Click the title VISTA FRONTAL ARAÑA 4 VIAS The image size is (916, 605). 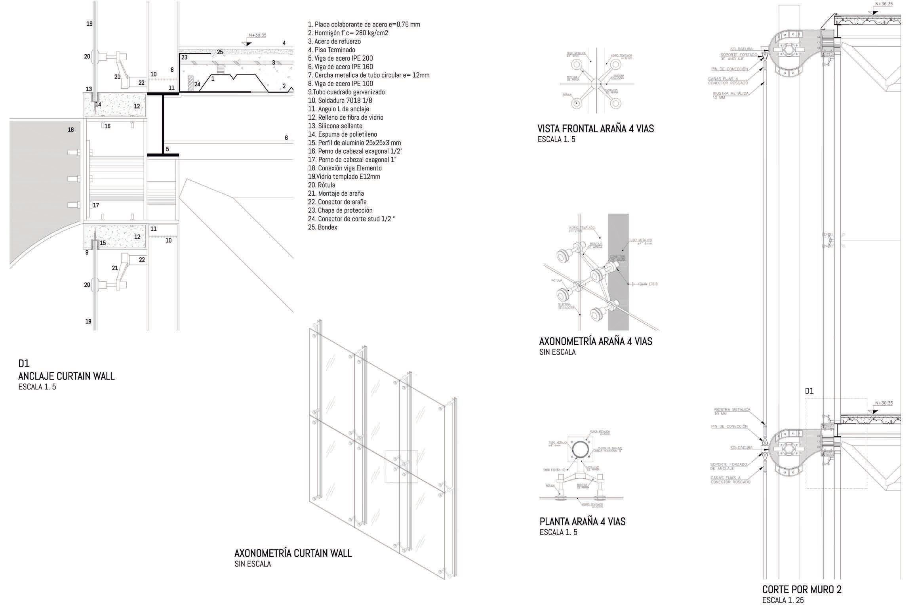pyautogui.click(x=595, y=128)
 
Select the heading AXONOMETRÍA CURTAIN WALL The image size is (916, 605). pyautogui.click(x=293, y=553)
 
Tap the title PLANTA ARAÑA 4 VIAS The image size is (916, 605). pyautogui.click(x=582, y=521)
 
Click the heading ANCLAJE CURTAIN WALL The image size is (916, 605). pyautogui.click(x=66, y=376)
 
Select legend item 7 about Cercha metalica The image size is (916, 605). pyautogui.click(x=368, y=75)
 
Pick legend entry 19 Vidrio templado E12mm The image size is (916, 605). pyautogui.click(x=344, y=176)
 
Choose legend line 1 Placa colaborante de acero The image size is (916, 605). pyautogui.click(x=364, y=24)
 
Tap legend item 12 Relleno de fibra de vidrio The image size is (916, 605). pyautogui.click(x=345, y=117)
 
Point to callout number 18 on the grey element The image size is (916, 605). pyautogui.click(x=70, y=130)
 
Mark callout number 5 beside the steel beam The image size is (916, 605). pyautogui.click(x=167, y=149)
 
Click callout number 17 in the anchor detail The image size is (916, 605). pyautogui.click(x=96, y=205)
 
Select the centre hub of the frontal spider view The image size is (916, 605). pyautogui.click(x=596, y=84)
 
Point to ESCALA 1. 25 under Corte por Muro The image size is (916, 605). pyautogui.click(x=783, y=600)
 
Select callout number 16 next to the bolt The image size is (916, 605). pyautogui.click(x=107, y=126)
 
